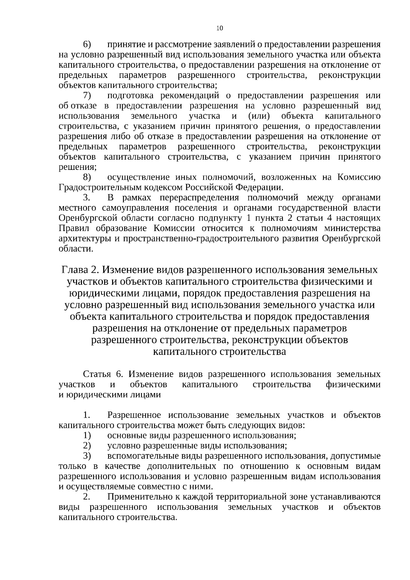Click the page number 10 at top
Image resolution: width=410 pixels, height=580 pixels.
(220, 28)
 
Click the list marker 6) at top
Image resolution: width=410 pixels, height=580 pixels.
(87, 44)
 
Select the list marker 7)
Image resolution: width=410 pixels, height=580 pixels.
(87, 95)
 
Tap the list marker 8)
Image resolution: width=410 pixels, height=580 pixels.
(87, 177)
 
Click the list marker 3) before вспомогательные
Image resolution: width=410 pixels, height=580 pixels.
(87, 456)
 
